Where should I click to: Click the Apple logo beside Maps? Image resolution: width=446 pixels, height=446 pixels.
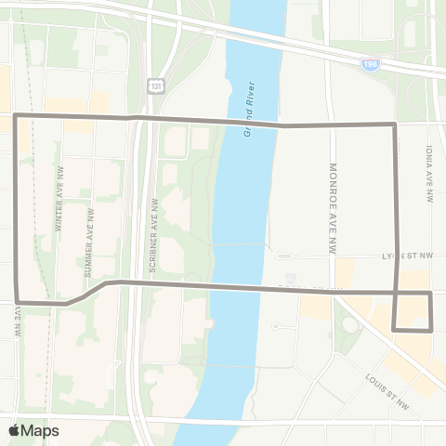[x=14, y=430]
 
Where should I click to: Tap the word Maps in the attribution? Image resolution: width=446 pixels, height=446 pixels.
[x=40, y=430]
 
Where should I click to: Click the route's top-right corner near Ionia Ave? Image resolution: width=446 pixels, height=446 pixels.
[x=396, y=124]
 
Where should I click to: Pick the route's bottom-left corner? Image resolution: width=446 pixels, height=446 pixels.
[x=17, y=301]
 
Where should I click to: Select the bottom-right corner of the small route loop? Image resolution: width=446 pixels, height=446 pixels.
[x=432, y=329]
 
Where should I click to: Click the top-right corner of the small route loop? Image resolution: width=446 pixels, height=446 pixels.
[x=432, y=294]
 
